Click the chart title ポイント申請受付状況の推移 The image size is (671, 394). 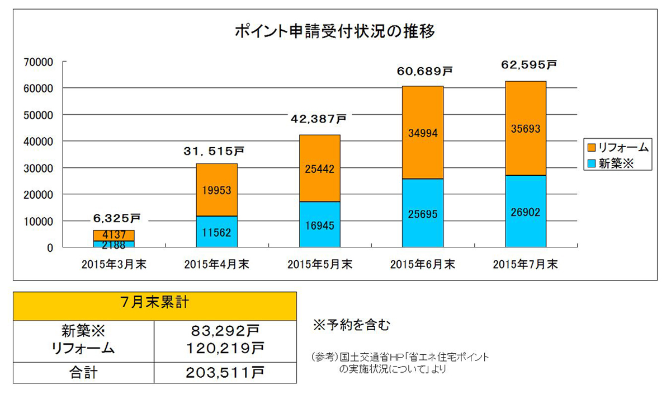pos(334,31)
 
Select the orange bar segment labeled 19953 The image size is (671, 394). pos(217,190)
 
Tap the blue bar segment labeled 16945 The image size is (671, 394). pos(320,224)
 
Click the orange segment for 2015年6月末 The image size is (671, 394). pos(423,133)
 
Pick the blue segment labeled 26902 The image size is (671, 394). pos(526,211)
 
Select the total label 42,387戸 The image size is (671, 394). pos(319,119)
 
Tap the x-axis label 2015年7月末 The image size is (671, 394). pos(526,264)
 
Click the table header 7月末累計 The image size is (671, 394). pos(154,305)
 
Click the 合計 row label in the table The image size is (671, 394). pos(83,372)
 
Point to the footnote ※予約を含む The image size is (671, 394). pos(351,325)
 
